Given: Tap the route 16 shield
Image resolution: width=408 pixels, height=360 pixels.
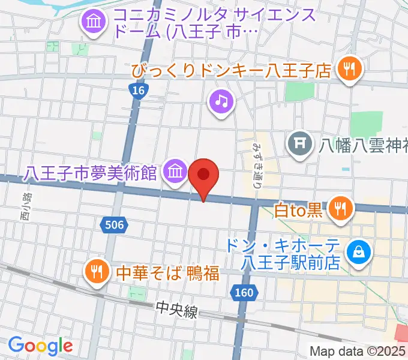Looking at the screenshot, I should [x=139, y=91].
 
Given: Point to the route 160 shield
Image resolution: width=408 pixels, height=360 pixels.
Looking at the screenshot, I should [x=244, y=293].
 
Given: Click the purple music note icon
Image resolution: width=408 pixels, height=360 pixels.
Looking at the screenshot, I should [x=221, y=100].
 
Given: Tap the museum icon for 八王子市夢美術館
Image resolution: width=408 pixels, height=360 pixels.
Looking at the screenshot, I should [x=175, y=172].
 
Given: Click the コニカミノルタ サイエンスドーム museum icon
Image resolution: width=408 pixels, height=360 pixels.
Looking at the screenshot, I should [x=94, y=23].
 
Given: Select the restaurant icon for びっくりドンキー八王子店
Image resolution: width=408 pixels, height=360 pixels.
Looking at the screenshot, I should [x=349, y=70].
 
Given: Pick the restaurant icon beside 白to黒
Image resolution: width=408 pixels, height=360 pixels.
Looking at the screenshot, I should [x=341, y=209].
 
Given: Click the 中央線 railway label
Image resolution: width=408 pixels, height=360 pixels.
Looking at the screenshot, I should [x=176, y=308].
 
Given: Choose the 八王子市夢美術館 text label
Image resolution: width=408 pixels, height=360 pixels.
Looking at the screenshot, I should [x=91, y=173].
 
